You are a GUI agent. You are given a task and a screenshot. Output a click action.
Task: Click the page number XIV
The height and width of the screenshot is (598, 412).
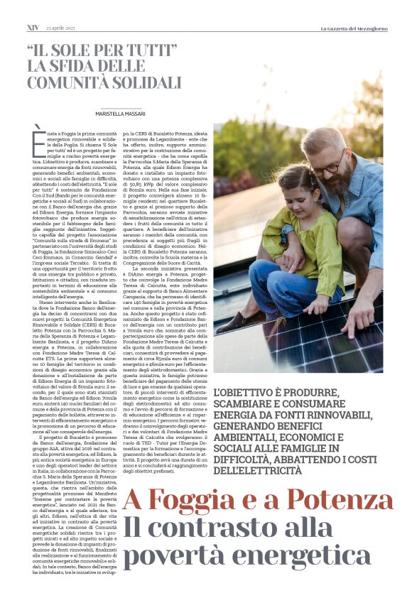(33, 28)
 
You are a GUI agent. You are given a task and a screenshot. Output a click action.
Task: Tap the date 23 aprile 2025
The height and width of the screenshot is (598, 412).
(63, 28)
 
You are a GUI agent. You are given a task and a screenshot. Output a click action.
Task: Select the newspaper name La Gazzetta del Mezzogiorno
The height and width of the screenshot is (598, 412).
(352, 28)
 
